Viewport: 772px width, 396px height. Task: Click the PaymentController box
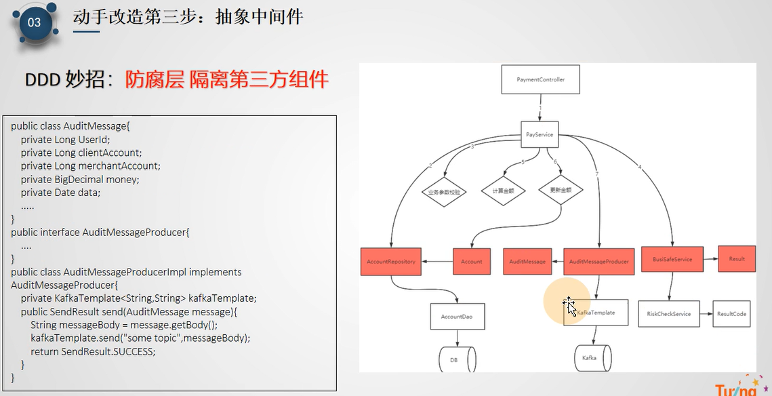[x=541, y=80]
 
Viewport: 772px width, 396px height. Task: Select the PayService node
[x=540, y=135]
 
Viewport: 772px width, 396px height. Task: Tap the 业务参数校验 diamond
[x=444, y=192]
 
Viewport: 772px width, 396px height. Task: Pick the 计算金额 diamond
[x=503, y=192]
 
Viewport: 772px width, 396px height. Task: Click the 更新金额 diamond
[x=561, y=191]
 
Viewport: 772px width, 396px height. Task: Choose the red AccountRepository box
[x=391, y=261]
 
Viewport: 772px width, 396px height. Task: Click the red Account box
[x=472, y=261]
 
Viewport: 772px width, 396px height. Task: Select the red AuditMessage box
[x=528, y=261]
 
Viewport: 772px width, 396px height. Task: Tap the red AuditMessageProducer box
[x=598, y=261]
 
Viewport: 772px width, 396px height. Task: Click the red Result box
[x=737, y=258]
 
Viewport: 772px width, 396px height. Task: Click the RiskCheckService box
[x=668, y=314]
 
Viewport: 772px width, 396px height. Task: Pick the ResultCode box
[x=731, y=314]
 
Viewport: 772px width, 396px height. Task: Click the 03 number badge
[x=34, y=22]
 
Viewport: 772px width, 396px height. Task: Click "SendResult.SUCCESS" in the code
[x=108, y=351]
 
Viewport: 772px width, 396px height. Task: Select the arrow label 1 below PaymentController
[x=540, y=107]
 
